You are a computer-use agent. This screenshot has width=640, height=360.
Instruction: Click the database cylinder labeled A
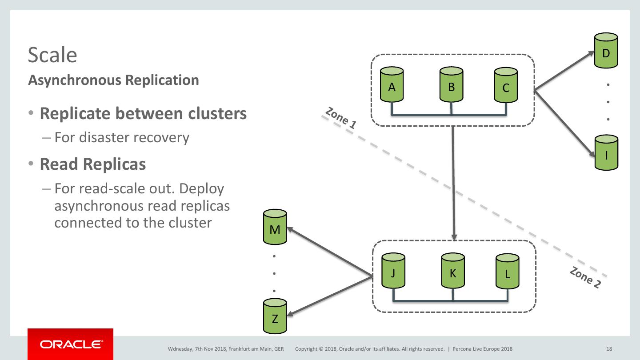coord(392,85)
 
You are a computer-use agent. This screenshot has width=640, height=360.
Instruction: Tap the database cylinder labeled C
coord(506,86)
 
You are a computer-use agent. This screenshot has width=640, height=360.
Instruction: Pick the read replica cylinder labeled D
coord(606,51)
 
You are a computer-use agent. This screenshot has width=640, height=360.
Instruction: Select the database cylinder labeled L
coord(508,272)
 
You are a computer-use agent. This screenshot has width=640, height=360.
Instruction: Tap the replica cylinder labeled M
coord(275,228)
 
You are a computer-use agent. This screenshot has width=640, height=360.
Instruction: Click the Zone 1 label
coord(341,119)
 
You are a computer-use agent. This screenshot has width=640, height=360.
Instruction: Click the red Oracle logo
coord(70,344)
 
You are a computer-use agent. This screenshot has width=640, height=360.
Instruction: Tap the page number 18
coord(609,349)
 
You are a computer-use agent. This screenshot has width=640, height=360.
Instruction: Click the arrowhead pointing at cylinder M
coord(289,230)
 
